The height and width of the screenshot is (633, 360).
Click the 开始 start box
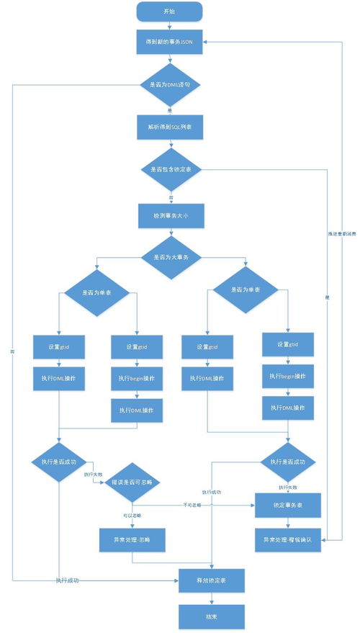[x=169, y=11]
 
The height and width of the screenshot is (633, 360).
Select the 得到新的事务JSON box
[x=169, y=42]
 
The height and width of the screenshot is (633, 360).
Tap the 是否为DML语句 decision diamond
[x=169, y=85]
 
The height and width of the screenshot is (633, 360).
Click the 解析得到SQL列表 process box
[x=169, y=127]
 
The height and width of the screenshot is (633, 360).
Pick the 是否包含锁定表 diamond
[x=169, y=169]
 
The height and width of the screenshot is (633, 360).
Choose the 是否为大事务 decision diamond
[x=169, y=258]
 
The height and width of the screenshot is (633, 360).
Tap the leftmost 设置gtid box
[x=59, y=346]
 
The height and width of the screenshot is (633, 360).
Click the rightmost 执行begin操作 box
[x=287, y=376]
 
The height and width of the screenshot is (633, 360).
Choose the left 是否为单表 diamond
[x=97, y=293]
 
